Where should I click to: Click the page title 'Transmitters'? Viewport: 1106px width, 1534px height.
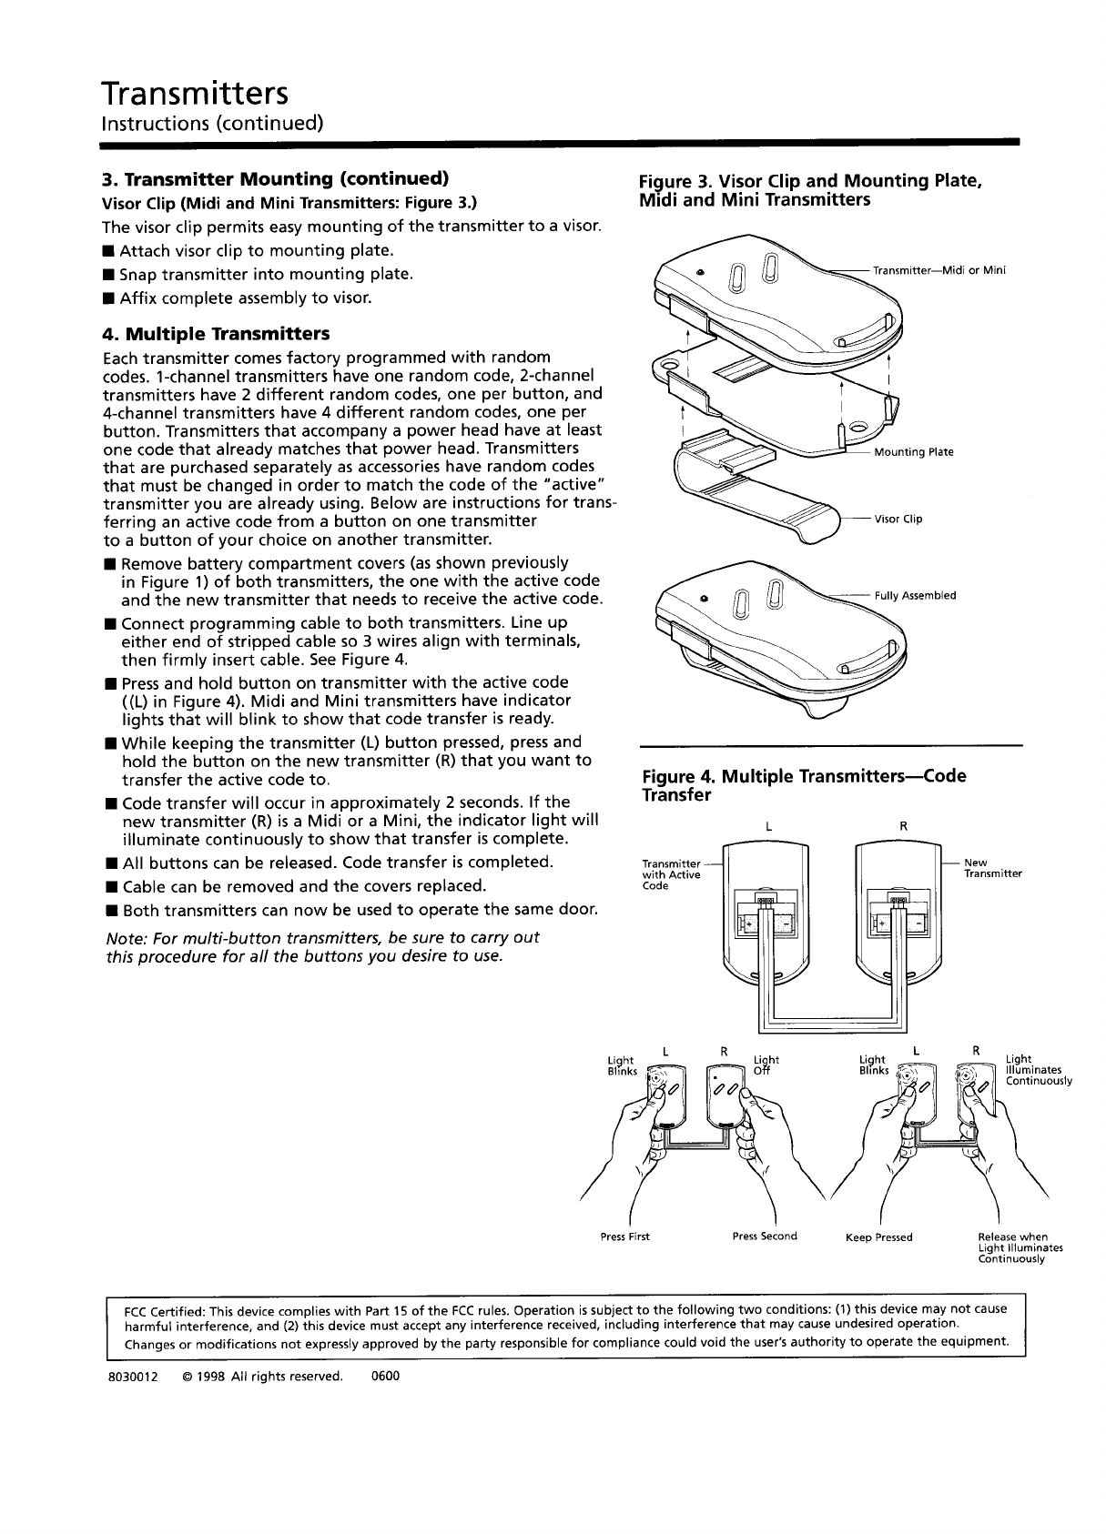(196, 92)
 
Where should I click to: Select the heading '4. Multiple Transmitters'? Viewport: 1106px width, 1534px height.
(217, 333)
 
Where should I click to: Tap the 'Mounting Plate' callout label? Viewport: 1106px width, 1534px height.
(913, 452)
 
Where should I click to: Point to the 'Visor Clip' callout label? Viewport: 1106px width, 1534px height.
(898, 519)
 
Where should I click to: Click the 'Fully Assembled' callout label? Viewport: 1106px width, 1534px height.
(915, 596)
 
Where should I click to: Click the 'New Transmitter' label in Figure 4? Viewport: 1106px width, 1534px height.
(992, 868)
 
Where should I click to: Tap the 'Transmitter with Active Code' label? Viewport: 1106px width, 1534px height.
(671, 874)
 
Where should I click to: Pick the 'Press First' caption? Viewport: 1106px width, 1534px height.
(625, 1236)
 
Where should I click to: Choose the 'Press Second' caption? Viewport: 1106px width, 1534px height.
(765, 1236)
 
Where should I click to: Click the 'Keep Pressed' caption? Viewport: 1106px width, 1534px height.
(878, 1236)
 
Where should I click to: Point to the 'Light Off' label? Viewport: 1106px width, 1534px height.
(766, 1065)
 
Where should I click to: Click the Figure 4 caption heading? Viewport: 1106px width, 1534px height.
(804, 785)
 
